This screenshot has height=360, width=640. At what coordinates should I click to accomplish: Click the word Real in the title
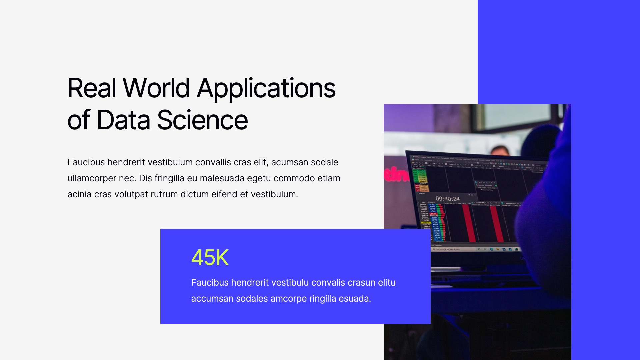[92, 88]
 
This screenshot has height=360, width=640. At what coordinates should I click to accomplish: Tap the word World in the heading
[156, 88]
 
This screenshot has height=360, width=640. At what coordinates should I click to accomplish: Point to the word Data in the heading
[123, 120]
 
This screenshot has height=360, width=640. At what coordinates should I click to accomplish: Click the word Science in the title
[202, 120]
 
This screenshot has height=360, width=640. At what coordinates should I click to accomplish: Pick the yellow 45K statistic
[210, 258]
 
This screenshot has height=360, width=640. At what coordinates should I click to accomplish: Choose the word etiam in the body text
[329, 178]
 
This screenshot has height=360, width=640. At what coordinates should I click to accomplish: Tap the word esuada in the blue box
[355, 299]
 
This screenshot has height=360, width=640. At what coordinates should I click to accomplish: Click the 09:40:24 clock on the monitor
[447, 199]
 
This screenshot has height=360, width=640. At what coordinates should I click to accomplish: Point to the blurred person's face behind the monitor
[500, 151]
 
